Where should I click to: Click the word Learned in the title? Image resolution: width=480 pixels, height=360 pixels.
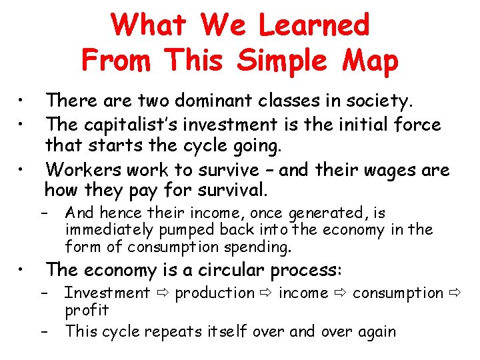point(313,25)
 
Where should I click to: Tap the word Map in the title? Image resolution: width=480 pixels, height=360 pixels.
point(369,60)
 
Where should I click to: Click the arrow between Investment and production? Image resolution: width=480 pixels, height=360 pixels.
point(162,293)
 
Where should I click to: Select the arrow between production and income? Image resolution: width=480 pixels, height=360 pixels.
point(266,293)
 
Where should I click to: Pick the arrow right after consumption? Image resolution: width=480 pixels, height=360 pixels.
point(455,293)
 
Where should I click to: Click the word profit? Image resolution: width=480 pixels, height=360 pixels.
point(87,311)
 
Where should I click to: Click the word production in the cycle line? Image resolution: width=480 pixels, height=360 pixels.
point(215,293)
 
